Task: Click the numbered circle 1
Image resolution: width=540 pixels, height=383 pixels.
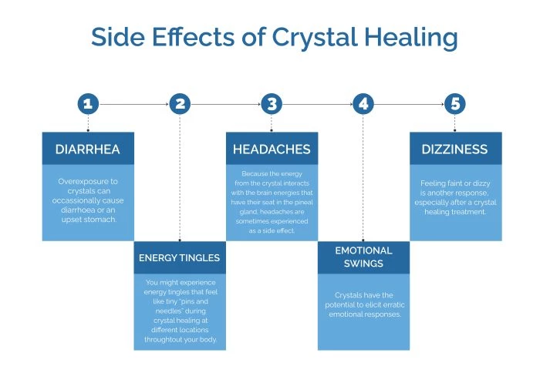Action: click(88, 103)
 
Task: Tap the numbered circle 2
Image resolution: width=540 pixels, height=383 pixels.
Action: click(180, 103)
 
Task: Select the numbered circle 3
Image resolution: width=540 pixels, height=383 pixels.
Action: click(271, 103)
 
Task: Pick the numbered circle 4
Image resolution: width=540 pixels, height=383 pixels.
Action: click(363, 103)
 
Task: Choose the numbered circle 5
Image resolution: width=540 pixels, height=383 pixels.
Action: click(455, 103)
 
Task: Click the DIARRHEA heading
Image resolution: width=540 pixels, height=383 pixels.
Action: click(88, 149)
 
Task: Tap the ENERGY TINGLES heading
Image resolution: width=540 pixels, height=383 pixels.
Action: click(180, 257)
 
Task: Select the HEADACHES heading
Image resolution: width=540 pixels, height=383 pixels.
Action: click(272, 149)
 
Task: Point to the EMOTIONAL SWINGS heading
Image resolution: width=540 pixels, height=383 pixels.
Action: click(363, 257)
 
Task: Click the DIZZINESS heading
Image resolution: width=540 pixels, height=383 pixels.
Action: click(455, 149)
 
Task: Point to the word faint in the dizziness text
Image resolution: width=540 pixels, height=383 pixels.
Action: click(461, 184)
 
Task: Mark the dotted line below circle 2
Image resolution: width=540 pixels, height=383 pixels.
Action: click(180, 177)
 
